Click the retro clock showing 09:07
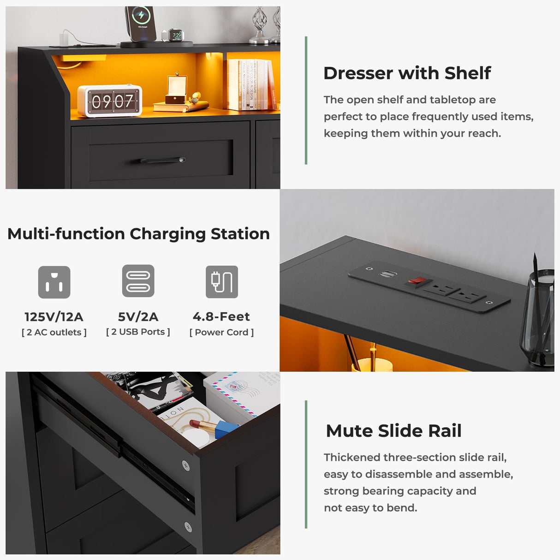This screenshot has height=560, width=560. pyautogui.click(x=109, y=101)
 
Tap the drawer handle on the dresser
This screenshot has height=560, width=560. pyautogui.click(x=162, y=161)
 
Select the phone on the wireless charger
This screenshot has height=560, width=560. pyautogui.click(x=140, y=23)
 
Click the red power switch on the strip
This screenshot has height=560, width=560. pyautogui.click(x=417, y=280)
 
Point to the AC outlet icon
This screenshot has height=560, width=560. pyautogui.click(x=54, y=282)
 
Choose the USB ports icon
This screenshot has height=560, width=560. pyautogui.click(x=138, y=281)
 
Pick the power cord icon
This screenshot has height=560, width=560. pyautogui.click(x=222, y=282)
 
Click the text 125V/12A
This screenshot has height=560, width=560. pyautogui.click(x=54, y=317)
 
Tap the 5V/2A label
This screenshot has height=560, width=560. pyautogui.click(x=138, y=317)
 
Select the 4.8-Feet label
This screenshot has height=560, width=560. pyautogui.click(x=221, y=317)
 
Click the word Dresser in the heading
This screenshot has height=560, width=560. pyautogui.click(x=358, y=73)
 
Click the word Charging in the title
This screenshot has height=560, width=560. pyautogui.click(x=167, y=234)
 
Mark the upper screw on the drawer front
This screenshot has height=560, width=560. pyautogui.click(x=185, y=465)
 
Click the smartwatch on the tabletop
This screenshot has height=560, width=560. pyautogui.click(x=176, y=36)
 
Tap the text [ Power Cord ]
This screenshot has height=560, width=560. pyautogui.click(x=221, y=332)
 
